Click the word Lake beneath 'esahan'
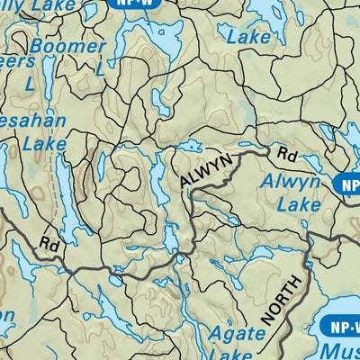pyautogui.click(x=45, y=142)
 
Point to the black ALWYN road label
pyautogui.click(x=206, y=170)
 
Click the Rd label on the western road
pyautogui.click(x=49, y=244)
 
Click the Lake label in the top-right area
pyautogui.click(x=248, y=37)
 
